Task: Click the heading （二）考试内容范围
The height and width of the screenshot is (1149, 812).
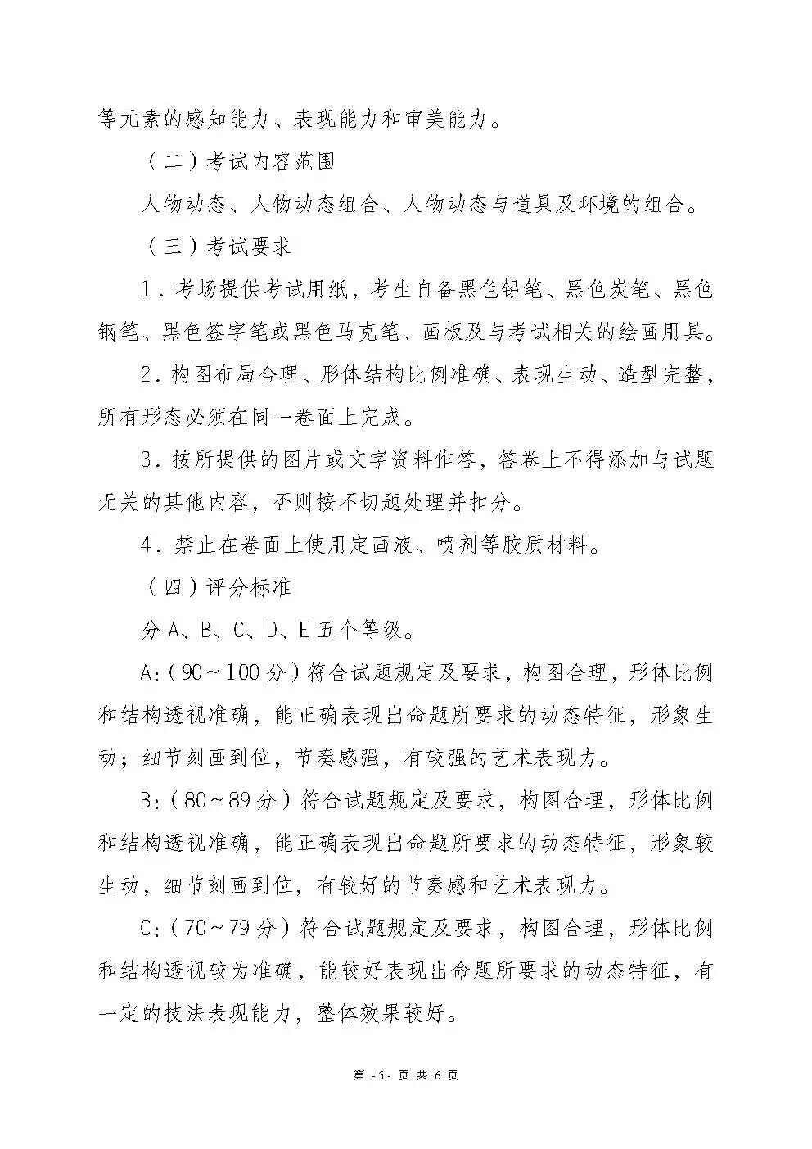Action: pyautogui.click(x=238, y=161)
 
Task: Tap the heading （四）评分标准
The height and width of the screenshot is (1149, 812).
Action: pyautogui.click(x=217, y=587)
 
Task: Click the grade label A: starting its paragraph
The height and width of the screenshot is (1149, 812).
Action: pyautogui.click(x=151, y=673)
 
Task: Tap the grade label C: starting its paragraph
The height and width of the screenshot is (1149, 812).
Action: pyautogui.click(x=151, y=928)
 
